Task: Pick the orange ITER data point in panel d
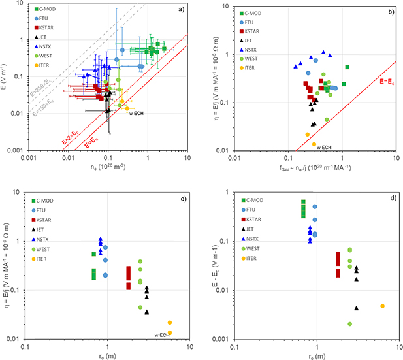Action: tap(383, 306)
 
